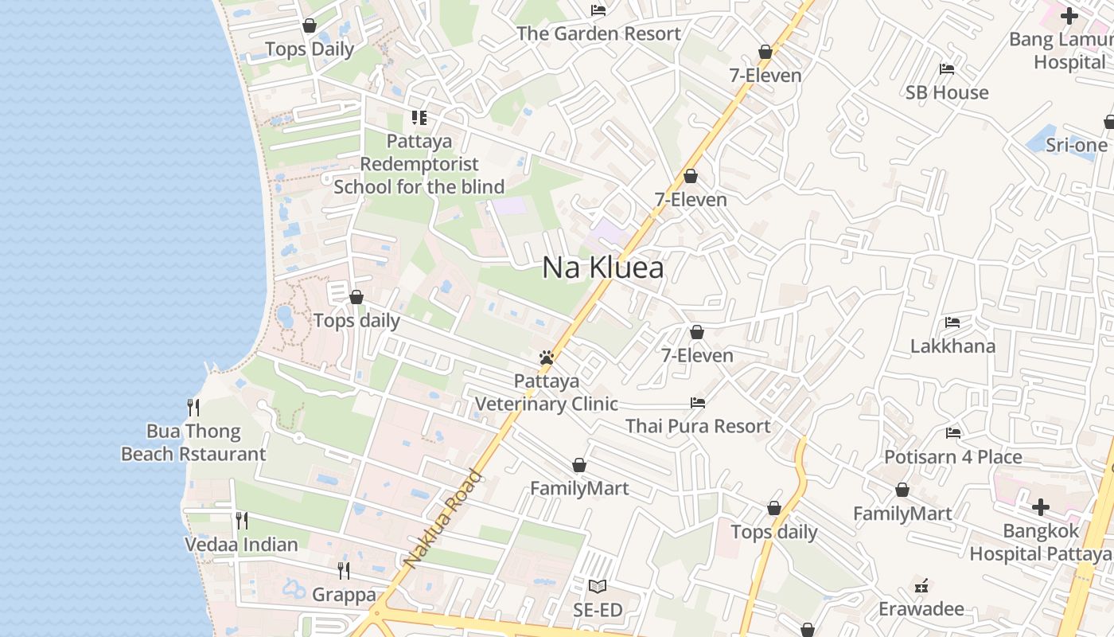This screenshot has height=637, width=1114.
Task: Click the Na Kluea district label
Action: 602,268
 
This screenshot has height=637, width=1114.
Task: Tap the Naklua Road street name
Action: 443,518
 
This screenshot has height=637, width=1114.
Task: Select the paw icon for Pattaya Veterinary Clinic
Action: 546,358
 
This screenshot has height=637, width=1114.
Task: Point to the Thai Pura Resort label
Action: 698,426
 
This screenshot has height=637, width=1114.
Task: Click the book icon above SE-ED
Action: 597,587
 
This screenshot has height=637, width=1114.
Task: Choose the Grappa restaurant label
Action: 344,595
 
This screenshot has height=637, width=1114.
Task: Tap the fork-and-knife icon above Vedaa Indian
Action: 242,521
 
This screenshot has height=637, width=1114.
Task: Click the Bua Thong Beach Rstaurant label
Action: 193,443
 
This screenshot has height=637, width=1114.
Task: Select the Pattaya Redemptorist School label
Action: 419,164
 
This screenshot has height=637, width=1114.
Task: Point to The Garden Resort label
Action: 598,33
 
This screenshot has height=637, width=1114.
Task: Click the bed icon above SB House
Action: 947,69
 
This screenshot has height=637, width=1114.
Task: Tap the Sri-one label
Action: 1076,145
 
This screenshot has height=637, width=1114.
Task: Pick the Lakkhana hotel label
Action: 952,346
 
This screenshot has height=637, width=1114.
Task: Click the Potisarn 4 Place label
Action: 953,457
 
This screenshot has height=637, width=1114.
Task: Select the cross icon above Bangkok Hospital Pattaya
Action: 1041,507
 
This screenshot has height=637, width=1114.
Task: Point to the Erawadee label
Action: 921,609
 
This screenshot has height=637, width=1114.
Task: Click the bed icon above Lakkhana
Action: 952,322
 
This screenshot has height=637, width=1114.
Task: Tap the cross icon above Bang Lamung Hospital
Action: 1069,15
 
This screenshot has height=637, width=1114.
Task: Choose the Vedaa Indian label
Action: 241,545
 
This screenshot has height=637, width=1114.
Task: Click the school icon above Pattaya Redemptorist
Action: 419,119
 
